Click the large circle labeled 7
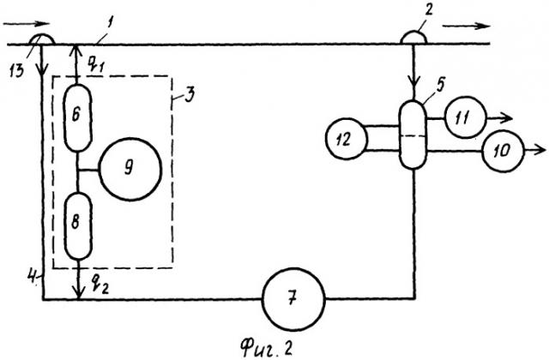(x=294, y=300)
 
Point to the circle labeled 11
(x=462, y=120)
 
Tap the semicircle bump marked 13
(x=40, y=39)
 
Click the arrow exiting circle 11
(x=500, y=120)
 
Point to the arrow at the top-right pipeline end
(x=468, y=23)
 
